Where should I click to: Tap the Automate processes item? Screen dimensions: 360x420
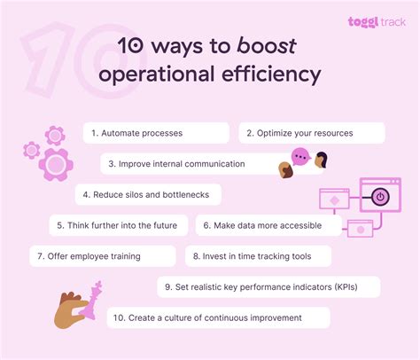click(x=156, y=133)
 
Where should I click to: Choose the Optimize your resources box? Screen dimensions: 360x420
click(x=311, y=133)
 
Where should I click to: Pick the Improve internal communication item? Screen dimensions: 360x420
click(x=190, y=163)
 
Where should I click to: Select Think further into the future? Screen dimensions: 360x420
click(x=118, y=225)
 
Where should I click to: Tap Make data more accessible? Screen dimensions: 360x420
click(x=268, y=225)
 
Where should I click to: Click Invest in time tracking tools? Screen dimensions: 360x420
click(x=259, y=256)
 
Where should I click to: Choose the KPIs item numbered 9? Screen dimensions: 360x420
click(x=269, y=286)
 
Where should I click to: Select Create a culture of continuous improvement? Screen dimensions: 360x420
click(x=218, y=317)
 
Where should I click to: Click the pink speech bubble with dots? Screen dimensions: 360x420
click(x=300, y=157)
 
